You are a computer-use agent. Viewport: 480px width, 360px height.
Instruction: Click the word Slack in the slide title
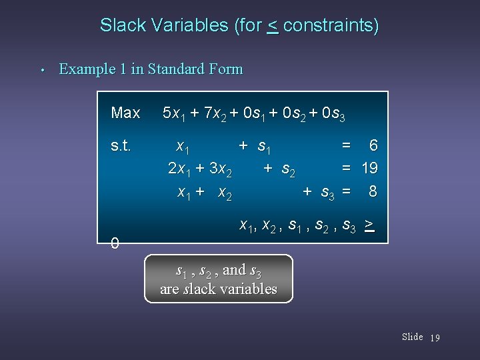[120, 26]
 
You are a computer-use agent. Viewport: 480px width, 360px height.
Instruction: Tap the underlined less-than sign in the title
[273, 27]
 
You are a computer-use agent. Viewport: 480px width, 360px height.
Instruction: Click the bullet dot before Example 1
[41, 70]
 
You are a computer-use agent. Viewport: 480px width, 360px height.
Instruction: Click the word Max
[125, 113]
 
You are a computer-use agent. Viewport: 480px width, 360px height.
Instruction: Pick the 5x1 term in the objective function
[175, 113]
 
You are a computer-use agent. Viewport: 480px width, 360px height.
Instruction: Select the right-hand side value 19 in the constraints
[369, 168]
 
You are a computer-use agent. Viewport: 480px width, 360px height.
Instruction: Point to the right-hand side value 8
[373, 191]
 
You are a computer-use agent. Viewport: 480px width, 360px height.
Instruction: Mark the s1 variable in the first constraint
[269, 145]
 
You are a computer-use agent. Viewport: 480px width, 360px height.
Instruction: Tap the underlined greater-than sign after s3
[369, 225]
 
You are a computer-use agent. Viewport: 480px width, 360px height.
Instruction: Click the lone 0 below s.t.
[115, 244]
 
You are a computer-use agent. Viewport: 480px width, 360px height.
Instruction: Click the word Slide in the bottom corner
[412, 337]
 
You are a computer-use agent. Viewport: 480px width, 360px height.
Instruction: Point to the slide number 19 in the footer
[435, 337]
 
